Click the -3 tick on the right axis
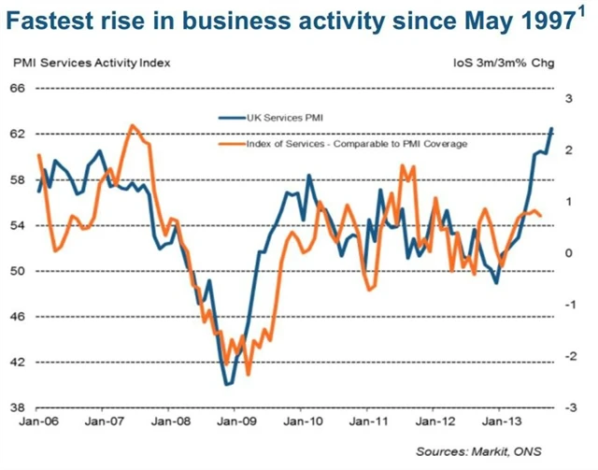(x=567, y=408)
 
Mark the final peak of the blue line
(x=551, y=129)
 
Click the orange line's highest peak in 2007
(x=133, y=125)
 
